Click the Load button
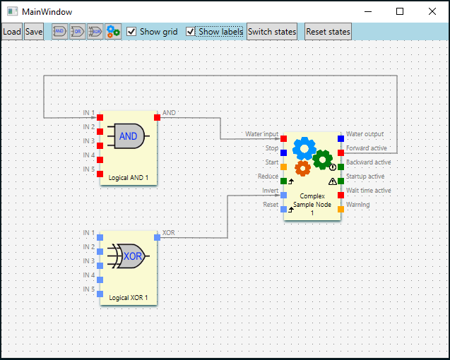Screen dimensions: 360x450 pyautogui.click(x=12, y=32)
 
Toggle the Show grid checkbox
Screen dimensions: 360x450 pyautogui.click(x=131, y=32)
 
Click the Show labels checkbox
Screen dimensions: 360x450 pyautogui.click(x=191, y=32)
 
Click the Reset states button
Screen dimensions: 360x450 pyautogui.click(x=328, y=32)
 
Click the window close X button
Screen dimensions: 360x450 pyautogui.click(x=432, y=11)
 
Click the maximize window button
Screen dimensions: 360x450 pyautogui.click(x=400, y=11)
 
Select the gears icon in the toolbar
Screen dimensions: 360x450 pyautogui.click(x=113, y=32)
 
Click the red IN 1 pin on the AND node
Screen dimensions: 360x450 pyautogui.click(x=100, y=117)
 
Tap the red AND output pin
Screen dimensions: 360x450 pyautogui.click(x=157, y=117)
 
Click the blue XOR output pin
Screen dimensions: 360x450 pyautogui.click(x=157, y=237)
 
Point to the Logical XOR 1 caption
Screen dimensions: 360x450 pyautogui.click(x=129, y=298)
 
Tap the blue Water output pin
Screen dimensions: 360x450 pyautogui.click(x=341, y=138)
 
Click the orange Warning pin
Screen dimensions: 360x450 pyautogui.click(x=341, y=209)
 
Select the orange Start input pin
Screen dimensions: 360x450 pyautogui.click(x=284, y=167)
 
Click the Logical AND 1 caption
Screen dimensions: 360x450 pyautogui.click(x=129, y=178)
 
